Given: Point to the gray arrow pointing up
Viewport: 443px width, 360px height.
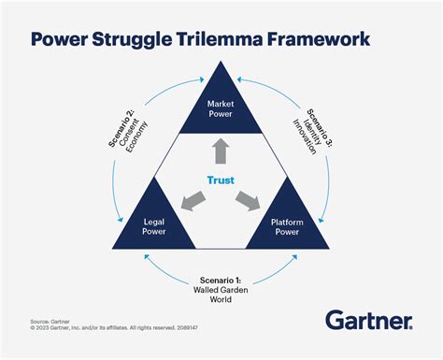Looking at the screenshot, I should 221,151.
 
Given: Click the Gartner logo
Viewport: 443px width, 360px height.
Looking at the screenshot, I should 368,321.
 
